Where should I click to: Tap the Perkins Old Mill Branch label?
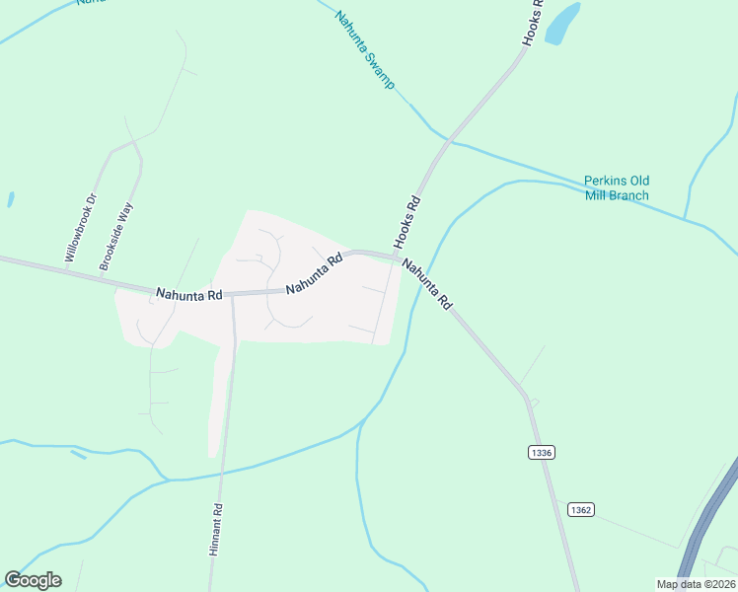tap(616, 187)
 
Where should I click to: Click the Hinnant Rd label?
tap(216, 531)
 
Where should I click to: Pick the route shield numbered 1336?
tap(541, 452)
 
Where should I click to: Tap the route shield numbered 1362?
tap(580, 509)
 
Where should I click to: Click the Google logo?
tap(33, 580)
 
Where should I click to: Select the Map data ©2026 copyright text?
tap(697, 584)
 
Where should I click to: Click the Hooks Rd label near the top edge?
tap(533, 22)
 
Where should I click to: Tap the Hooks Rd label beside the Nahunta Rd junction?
tap(406, 222)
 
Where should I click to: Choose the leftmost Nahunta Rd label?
tap(189, 294)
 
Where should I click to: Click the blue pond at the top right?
tap(561, 24)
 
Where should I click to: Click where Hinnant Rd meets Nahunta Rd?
tap(233, 294)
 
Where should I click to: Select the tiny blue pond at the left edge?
tap(10, 198)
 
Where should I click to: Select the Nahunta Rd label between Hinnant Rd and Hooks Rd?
tap(314, 274)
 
